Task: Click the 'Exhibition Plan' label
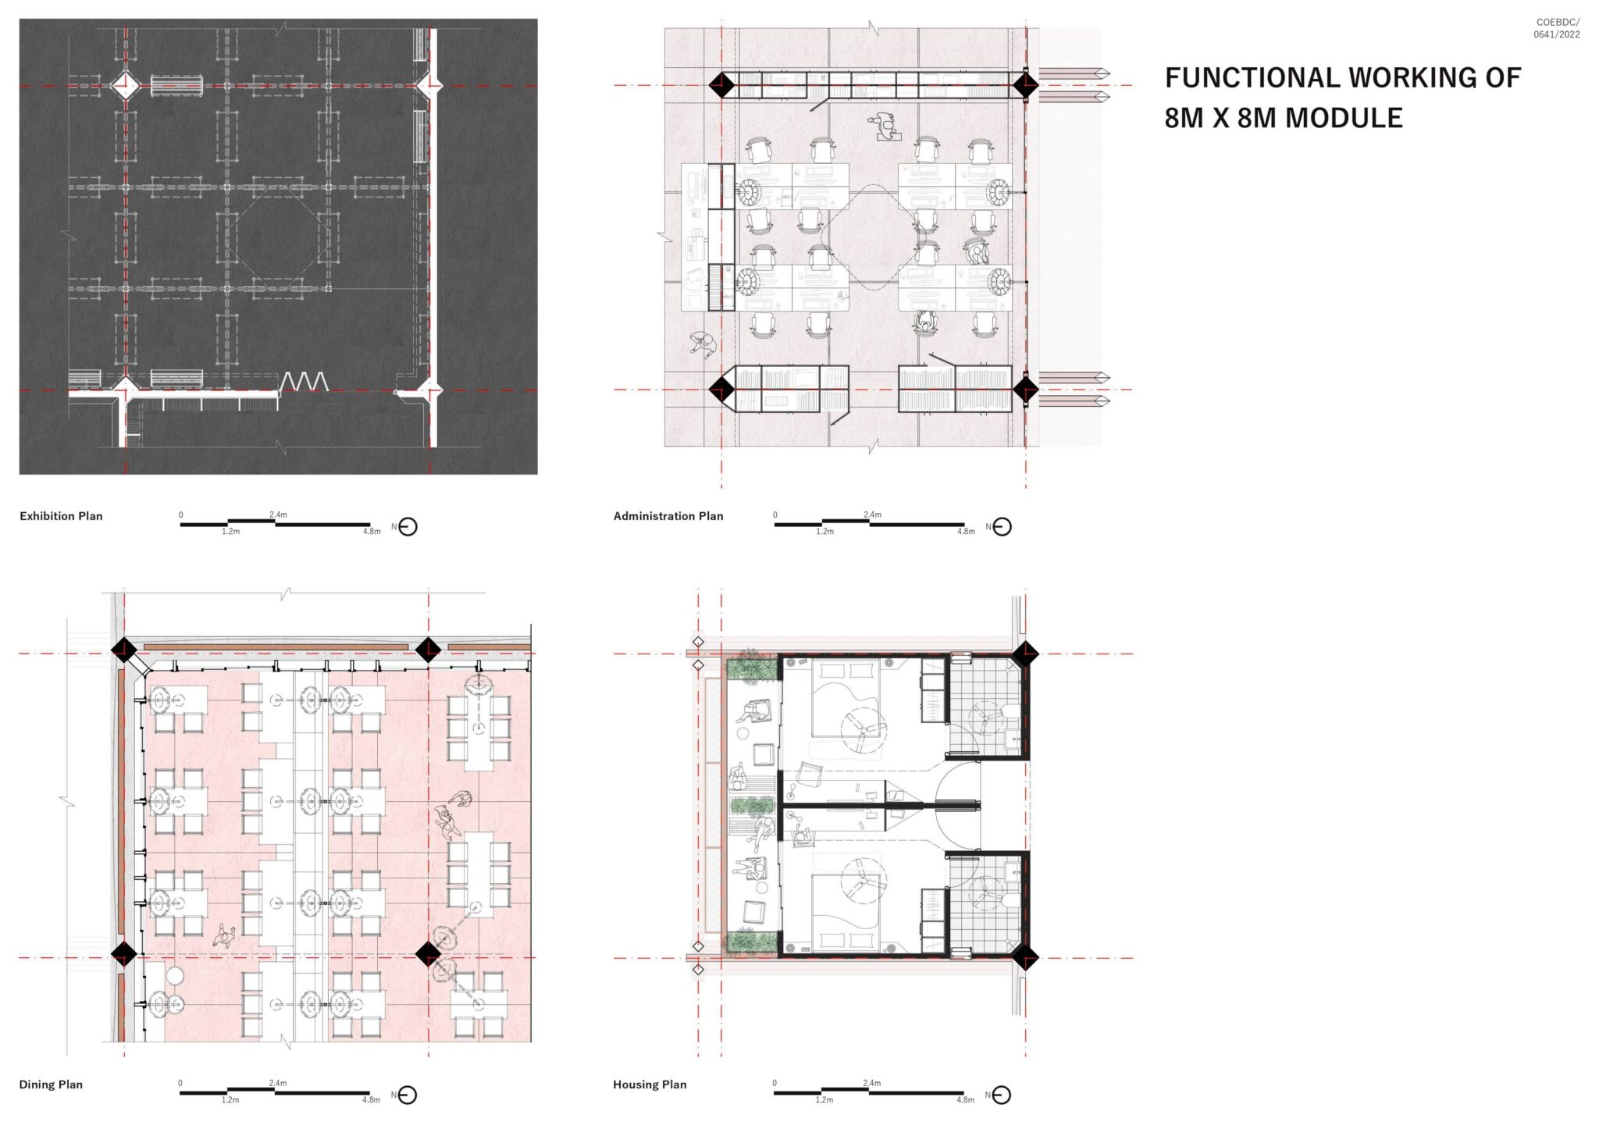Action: pyautogui.click(x=61, y=516)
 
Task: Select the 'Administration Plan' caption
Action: pyautogui.click(x=668, y=516)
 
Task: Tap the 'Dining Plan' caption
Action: pyautogui.click(x=51, y=1084)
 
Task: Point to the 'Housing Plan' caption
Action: pyautogui.click(x=649, y=1084)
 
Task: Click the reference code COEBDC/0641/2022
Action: pyautogui.click(x=1557, y=29)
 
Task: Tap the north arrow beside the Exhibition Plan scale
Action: pyautogui.click(x=408, y=527)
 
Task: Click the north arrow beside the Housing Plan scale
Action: pyautogui.click(x=1001, y=1095)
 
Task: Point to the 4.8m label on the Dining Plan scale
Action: pyautogui.click(x=371, y=1100)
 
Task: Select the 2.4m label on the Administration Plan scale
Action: pyautogui.click(x=872, y=515)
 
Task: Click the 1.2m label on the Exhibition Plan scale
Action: pyautogui.click(x=230, y=532)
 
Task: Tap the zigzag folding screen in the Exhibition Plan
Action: pyautogui.click(x=304, y=381)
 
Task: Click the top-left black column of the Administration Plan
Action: pyautogui.click(x=721, y=85)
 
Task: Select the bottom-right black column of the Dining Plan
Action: pyautogui.click(x=428, y=953)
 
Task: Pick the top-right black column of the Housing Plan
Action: pyautogui.click(x=1025, y=653)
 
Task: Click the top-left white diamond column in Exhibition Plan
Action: pyautogui.click(x=124, y=85)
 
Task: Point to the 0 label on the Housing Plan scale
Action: pyautogui.click(x=775, y=1083)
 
